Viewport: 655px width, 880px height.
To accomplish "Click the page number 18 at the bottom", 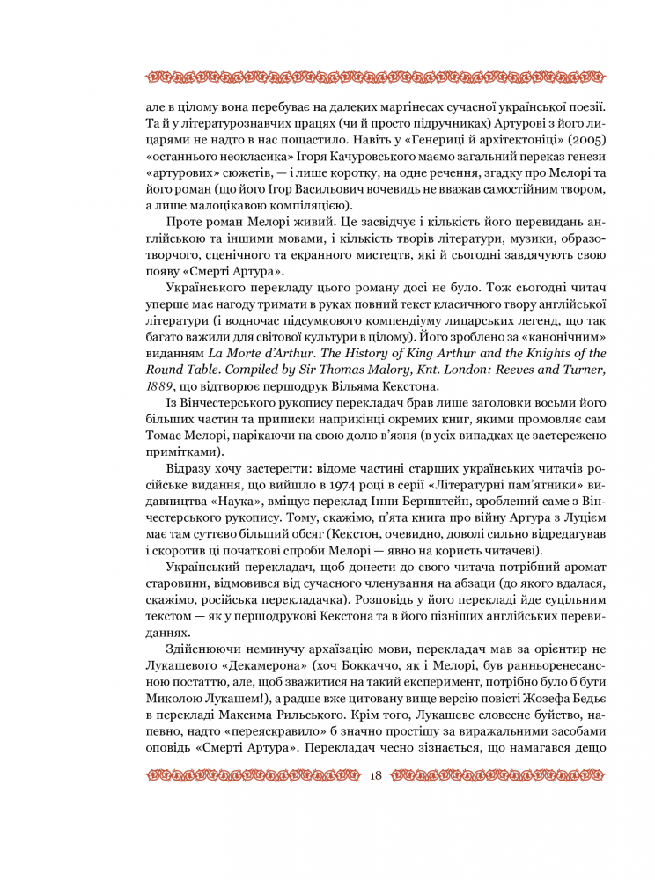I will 376,775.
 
